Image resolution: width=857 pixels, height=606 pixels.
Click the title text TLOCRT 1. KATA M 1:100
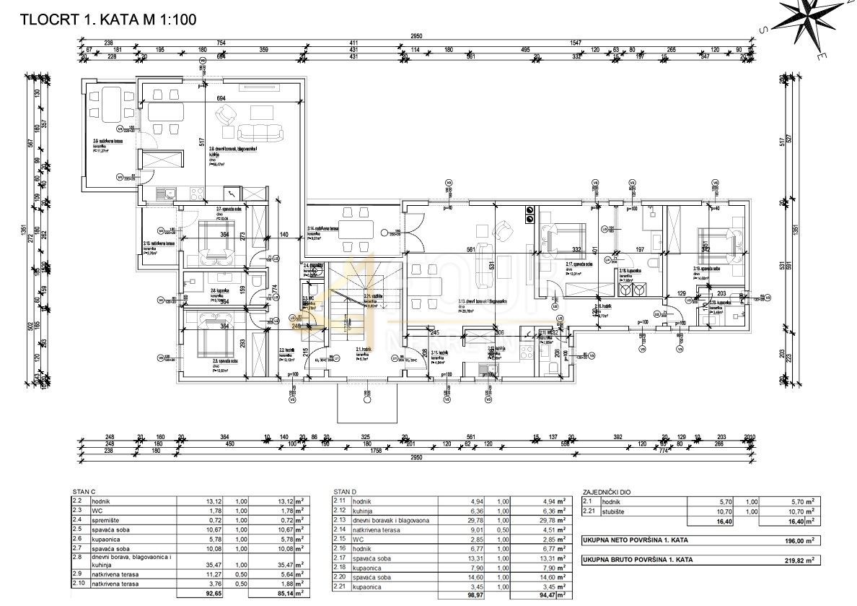tap(107, 20)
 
